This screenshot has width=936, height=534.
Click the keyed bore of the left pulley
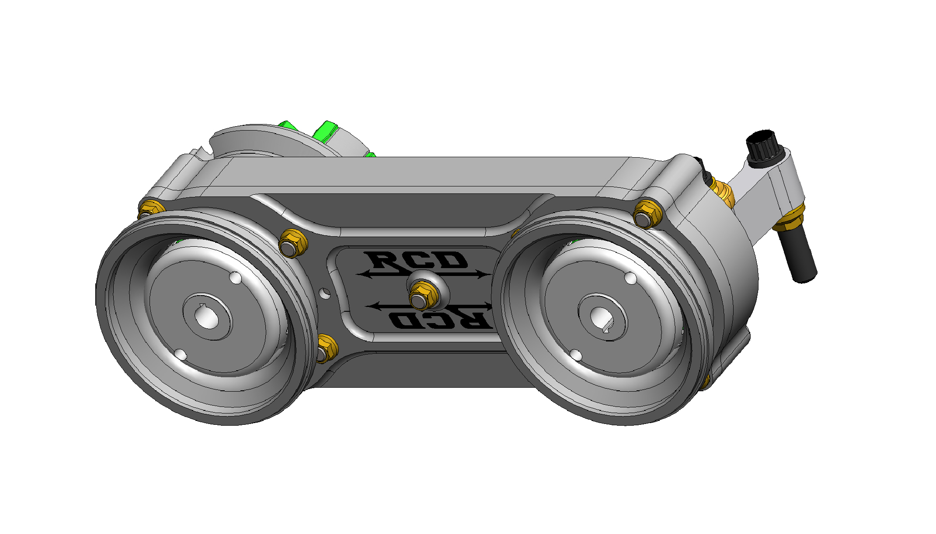tap(207, 317)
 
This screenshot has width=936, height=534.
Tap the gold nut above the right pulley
tap(647, 214)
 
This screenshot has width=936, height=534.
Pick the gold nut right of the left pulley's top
tap(292, 243)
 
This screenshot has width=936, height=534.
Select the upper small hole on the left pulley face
tap(235, 278)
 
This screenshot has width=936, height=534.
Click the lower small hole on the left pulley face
tap(181, 354)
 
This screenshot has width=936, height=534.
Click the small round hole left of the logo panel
tap(325, 293)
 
